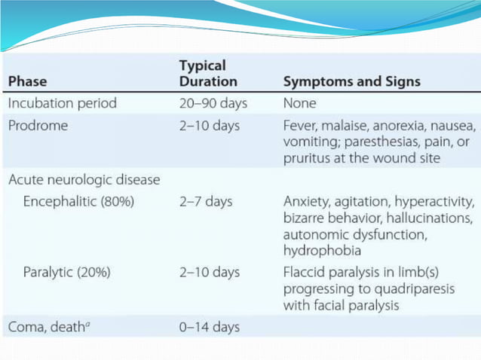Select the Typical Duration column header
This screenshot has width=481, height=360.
(x=207, y=74)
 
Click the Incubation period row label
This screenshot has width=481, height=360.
(x=63, y=103)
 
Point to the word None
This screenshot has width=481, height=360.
(x=299, y=103)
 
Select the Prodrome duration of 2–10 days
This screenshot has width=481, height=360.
(x=209, y=125)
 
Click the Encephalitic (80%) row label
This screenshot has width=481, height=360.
(x=78, y=202)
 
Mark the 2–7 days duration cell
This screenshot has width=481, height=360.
(x=205, y=202)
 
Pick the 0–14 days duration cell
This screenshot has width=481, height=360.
(x=209, y=327)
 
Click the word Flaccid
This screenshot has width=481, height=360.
(x=304, y=273)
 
